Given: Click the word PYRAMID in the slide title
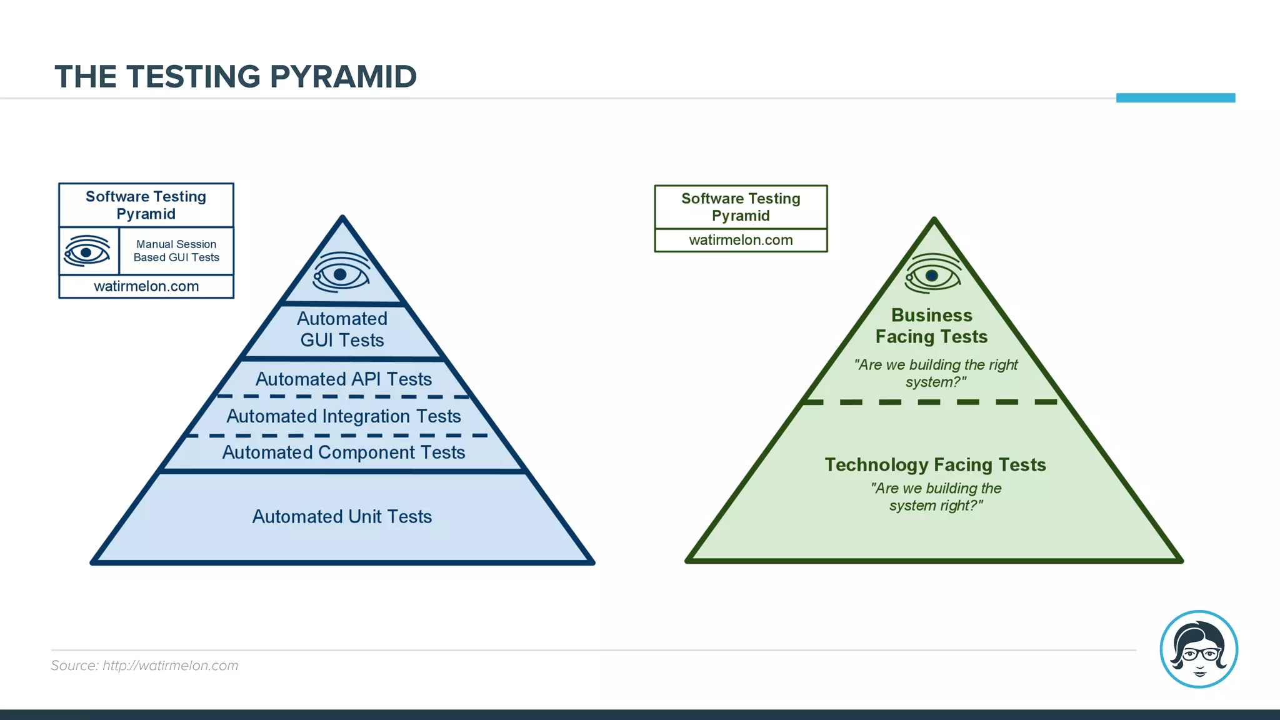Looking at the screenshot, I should point(342,77).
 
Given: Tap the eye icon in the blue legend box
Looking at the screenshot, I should point(87,251).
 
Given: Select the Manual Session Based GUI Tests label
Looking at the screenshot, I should point(176,251).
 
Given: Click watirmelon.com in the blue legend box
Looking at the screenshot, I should point(146,286).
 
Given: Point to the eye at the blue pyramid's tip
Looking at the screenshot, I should point(341,273).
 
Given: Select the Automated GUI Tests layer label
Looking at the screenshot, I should point(342,329).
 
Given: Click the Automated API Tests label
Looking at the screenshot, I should point(343,379).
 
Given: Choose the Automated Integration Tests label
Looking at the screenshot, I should point(343,416).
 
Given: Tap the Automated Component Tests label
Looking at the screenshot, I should point(343,452).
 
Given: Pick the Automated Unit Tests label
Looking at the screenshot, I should point(342,516).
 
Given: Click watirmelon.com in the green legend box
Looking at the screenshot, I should point(741,240).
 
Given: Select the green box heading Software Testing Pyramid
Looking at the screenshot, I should point(741,207).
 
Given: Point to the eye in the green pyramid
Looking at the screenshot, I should point(932,274).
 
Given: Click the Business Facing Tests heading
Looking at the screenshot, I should point(931,326).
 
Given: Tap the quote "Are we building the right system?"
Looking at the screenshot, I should point(936,373).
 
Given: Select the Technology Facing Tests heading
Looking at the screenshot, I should point(935,464).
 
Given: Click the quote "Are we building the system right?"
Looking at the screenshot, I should point(936,497).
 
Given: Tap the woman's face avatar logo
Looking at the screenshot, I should point(1198,649).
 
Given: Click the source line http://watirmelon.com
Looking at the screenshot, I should point(144,666).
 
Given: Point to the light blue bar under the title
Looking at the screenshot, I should point(1175,97).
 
